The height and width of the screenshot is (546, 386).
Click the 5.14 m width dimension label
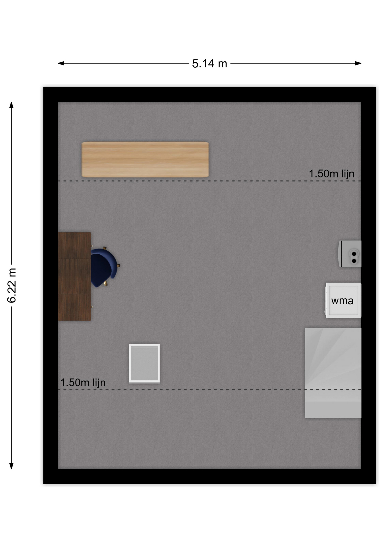pos(209,63)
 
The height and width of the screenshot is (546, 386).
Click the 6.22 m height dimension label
pos(12,285)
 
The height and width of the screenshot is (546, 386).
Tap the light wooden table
pos(145,160)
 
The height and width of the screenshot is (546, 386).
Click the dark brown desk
pos(74,276)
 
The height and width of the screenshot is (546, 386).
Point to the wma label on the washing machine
pos(342,301)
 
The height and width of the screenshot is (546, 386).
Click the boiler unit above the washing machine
pos(350,254)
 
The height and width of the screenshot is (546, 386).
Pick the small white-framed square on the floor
pos(144,363)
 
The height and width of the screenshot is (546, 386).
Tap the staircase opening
pos(333,373)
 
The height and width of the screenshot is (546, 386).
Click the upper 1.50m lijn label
pos(331,174)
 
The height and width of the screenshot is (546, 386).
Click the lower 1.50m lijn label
pos(83,382)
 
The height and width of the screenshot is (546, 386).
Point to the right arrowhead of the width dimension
pos(358,63)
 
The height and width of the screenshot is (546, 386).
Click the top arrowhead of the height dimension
pos(11,105)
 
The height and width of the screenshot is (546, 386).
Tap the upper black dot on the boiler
pos(354,254)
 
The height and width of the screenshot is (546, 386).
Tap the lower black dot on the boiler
pos(354,261)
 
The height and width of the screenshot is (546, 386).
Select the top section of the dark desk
pos(74,245)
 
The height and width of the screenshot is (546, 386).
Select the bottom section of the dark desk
pos(74,307)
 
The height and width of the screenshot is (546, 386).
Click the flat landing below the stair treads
pos(333,409)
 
